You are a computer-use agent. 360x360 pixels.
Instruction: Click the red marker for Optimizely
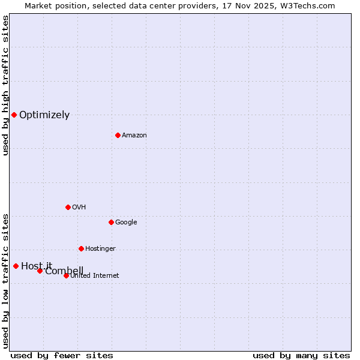(14, 115)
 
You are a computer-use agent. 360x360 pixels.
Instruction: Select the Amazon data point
(118, 135)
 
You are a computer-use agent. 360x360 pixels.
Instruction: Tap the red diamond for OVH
(68, 207)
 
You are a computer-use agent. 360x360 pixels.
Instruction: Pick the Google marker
(111, 222)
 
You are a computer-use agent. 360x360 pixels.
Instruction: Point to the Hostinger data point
(81, 248)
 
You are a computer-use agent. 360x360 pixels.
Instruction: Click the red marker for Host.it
(16, 266)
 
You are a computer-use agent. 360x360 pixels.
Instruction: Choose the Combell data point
(40, 271)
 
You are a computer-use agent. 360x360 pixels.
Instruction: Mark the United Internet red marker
(66, 275)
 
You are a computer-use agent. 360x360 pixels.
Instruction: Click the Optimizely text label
(44, 115)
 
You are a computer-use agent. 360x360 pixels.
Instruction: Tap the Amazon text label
(134, 136)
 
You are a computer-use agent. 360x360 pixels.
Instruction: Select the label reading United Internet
(95, 276)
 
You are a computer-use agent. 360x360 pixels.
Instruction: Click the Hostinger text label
(100, 249)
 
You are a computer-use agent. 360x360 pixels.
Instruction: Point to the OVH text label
(79, 208)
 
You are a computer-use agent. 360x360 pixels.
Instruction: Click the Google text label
(126, 223)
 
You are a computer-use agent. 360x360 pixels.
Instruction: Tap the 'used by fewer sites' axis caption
(62, 355)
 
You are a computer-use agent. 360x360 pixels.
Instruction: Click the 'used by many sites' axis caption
(301, 355)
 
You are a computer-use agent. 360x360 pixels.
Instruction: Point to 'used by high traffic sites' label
(5, 85)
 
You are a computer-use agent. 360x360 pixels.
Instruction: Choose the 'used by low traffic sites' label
(5, 281)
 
